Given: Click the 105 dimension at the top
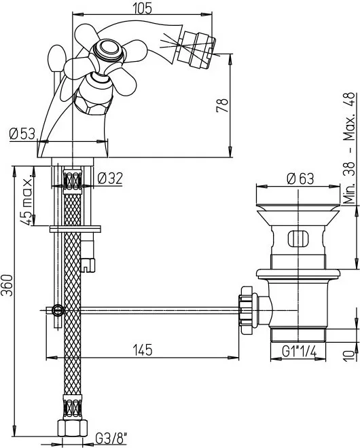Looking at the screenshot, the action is (143, 7).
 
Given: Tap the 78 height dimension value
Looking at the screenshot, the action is (223, 105).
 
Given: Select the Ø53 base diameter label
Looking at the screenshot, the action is (22, 133).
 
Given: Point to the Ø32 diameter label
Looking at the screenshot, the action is (110, 179).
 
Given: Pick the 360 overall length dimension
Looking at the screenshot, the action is (7, 285).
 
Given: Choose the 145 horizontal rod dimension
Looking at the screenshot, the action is (143, 350).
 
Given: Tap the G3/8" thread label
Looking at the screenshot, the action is (111, 438).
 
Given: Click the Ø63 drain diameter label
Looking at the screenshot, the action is (300, 179).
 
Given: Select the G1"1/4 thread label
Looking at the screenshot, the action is (299, 352).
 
